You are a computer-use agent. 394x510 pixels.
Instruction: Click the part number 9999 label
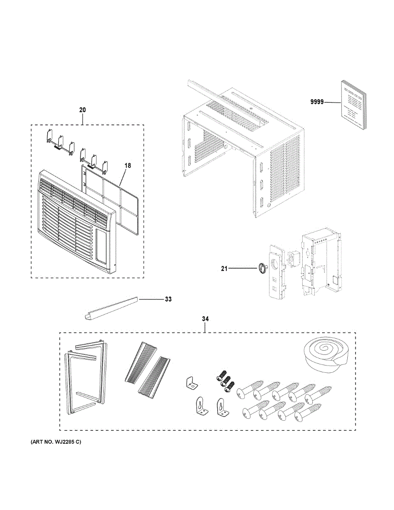pos(317,102)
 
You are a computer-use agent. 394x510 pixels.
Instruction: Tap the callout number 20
pos(82,110)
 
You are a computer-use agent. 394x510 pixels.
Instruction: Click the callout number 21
pos(224,268)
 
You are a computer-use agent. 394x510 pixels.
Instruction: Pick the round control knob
pos(262,268)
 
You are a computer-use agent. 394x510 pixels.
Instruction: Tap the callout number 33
pos(168,299)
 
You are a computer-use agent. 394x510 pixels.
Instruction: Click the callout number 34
pos(205,318)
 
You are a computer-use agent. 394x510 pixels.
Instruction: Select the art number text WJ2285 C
pos(55,442)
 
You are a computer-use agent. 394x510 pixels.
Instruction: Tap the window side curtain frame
pos(85,378)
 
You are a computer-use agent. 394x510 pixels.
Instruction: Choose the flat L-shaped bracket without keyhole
pos(192,382)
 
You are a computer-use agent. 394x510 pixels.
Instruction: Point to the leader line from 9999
pos(333,102)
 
